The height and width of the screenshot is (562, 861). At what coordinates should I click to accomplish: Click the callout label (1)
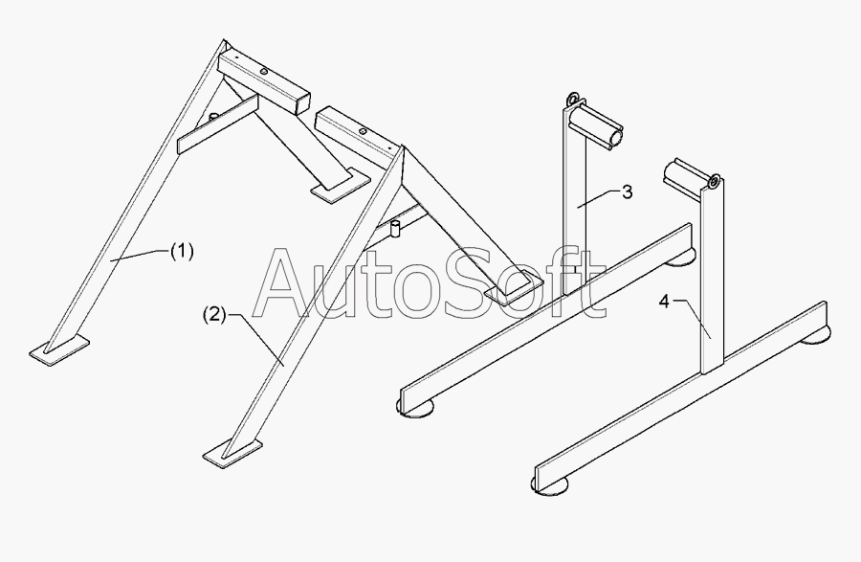click(182, 251)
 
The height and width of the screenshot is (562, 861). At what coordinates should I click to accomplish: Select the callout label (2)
click(214, 314)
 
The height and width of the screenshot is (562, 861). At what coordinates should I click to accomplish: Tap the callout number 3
click(627, 192)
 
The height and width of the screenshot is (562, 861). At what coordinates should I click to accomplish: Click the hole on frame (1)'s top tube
click(262, 68)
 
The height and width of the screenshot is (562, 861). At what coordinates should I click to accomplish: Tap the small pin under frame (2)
click(393, 229)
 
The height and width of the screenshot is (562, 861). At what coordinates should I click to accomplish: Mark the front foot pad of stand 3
click(417, 409)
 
